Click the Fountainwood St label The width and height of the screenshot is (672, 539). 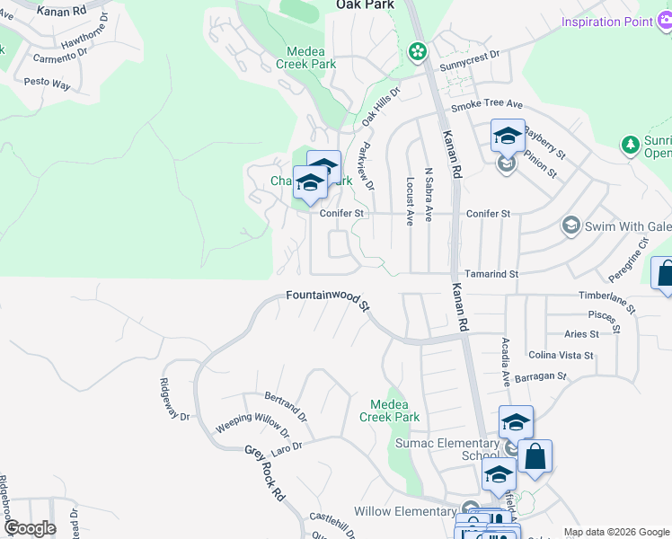pyautogui.click(x=328, y=299)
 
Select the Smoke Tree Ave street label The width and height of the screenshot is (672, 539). pyautogui.click(x=486, y=105)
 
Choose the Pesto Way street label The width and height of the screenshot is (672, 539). pyautogui.click(x=48, y=83)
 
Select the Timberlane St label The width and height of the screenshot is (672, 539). pyautogui.click(x=606, y=300)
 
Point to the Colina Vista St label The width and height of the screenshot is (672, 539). pyautogui.click(x=568, y=355)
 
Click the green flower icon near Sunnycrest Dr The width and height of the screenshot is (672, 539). pyautogui.click(x=417, y=52)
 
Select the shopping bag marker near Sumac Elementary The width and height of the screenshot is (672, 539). pyautogui.click(x=535, y=455)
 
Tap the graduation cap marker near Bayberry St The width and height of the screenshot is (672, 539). pyautogui.click(x=508, y=137)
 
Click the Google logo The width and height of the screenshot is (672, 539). pyautogui.click(x=30, y=528)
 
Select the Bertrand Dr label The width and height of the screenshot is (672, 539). pyautogui.click(x=286, y=406)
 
